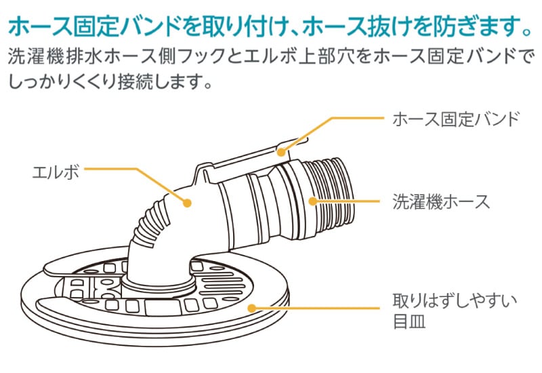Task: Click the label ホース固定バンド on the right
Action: (x=455, y=119)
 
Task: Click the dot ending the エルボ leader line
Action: (x=188, y=201)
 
